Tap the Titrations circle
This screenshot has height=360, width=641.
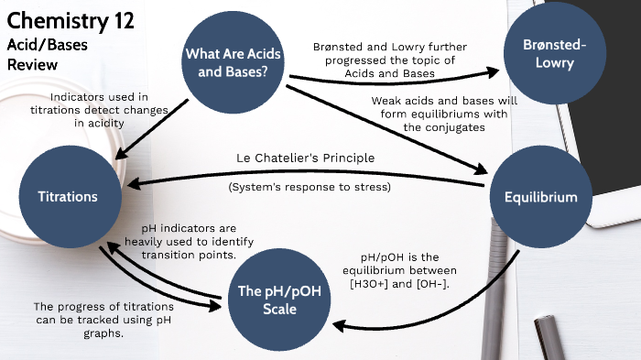[x=68, y=197]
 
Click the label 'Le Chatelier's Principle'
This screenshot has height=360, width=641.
[x=306, y=158]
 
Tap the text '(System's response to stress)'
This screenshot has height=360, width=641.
[x=310, y=188]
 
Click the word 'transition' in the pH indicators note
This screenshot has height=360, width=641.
[x=178, y=255]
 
